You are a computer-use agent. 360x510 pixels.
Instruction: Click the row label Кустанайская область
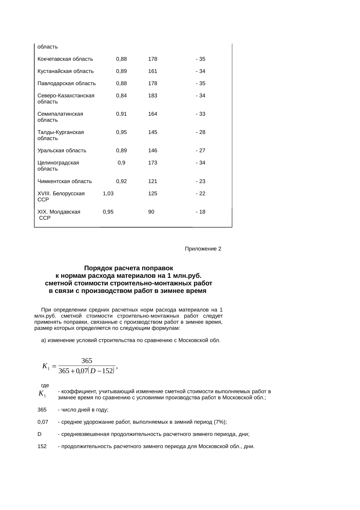click(66, 71)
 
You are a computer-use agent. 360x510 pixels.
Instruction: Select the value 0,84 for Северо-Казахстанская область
click(121, 96)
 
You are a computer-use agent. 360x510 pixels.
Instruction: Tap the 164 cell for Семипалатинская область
click(152, 114)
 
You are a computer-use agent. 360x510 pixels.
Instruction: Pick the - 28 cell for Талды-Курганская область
click(200, 132)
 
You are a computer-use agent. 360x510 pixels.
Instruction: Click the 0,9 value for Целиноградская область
click(121, 163)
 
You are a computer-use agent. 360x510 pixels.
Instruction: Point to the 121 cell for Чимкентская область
click(152, 181)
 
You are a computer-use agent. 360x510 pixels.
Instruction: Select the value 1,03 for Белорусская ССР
click(108, 194)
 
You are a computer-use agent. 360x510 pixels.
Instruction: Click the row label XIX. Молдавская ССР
click(59, 215)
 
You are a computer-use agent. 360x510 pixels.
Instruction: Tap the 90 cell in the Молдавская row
click(151, 212)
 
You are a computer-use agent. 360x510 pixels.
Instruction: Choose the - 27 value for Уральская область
click(200, 151)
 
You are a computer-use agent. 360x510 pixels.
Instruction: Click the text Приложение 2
click(203, 249)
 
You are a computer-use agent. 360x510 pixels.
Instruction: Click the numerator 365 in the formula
click(87, 361)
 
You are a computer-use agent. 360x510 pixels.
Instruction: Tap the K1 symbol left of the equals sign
click(46, 366)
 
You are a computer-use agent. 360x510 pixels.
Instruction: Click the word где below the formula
click(45, 386)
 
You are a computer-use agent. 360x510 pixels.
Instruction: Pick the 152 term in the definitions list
click(42, 446)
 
